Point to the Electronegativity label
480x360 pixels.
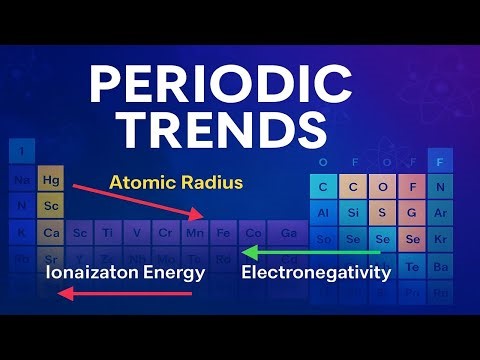point(316,271)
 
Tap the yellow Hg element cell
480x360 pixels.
point(50,181)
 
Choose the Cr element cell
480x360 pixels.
point(166,233)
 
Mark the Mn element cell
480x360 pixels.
point(195,233)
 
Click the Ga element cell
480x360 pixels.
point(288,233)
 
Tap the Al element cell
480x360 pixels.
point(323,213)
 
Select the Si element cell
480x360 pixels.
point(352,213)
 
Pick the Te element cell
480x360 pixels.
point(412,267)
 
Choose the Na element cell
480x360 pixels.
point(22,181)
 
